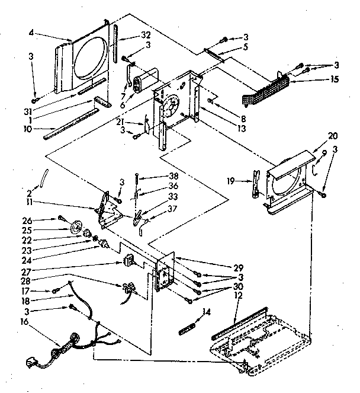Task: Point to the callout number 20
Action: click(x=317, y=136)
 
